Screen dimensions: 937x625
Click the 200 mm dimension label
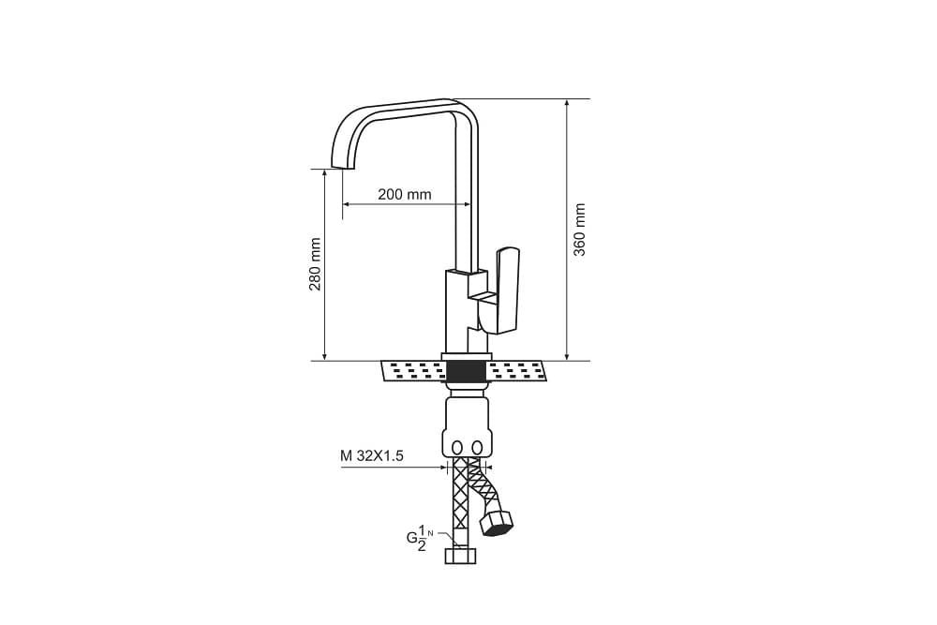click(x=405, y=194)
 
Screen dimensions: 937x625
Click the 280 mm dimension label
click(x=315, y=264)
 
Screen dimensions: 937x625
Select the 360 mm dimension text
click(x=579, y=231)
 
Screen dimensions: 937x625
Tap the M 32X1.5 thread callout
click(x=372, y=456)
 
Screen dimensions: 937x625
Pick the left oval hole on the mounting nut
click(x=458, y=448)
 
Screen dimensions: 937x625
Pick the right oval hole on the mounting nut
click(x=477, y=448)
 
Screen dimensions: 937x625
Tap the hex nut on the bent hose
click(x=497, y=524)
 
